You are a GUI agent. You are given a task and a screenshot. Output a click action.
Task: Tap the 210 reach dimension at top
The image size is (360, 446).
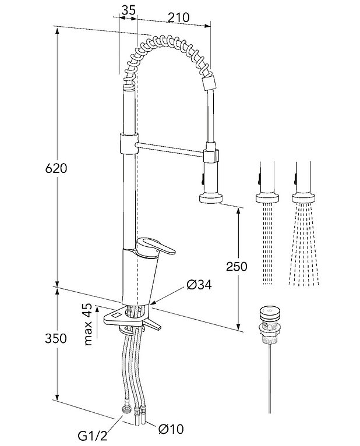(x=178, y=17)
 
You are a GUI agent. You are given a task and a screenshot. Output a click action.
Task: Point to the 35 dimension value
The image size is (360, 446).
(x=129, y=9)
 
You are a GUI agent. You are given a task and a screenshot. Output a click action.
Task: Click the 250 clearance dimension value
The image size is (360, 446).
(x=235, y=267)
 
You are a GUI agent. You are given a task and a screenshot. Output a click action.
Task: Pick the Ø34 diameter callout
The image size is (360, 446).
(x=199, y=285)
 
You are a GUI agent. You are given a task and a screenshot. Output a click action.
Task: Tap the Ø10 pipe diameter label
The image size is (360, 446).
(x=170, y=430)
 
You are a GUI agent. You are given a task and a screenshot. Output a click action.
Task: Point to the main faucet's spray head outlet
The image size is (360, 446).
(x=210, y=198)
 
